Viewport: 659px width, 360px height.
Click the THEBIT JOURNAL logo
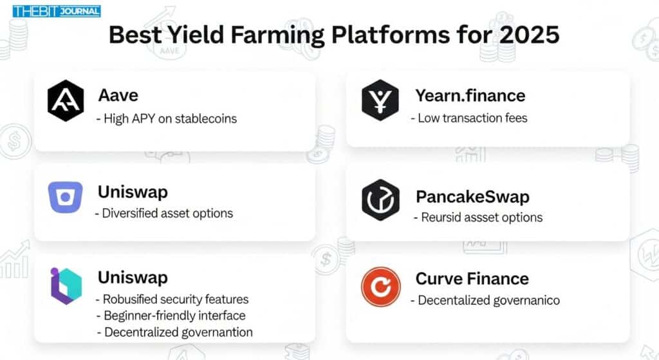click(57, 11)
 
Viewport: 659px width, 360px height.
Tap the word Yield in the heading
click(196, 35)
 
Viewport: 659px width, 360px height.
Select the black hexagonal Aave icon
click(66, 100)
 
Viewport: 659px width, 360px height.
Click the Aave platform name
click(118, 95)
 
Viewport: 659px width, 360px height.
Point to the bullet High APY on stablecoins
click(167, 118)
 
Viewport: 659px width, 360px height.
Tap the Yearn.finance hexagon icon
click(380, 100)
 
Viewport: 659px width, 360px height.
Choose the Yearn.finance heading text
click(470, 96)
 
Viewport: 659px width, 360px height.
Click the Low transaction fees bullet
click(469, 118)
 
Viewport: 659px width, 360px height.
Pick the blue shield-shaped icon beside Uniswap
click(65, 197)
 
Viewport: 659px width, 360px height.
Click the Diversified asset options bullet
click(164, 213)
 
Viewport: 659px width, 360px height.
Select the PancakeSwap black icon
click(380, 200)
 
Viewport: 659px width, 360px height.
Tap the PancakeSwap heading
click(472, 197)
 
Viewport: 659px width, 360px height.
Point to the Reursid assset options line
click(478, 218)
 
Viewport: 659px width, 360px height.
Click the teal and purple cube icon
click(66, 286)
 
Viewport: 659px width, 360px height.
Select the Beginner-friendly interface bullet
click(171, 316)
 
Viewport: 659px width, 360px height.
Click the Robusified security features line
click(172, 299)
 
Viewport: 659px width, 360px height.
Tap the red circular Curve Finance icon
click(381, 287)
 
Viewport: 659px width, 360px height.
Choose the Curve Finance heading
click(472, 279)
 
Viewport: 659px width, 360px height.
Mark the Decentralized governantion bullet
click(175, 332)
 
